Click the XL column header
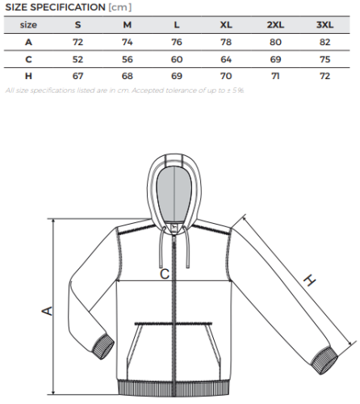226,25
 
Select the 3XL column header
324,25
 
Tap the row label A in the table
28,42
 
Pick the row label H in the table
28,76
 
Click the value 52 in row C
77,59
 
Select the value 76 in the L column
177,42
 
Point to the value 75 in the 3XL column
325,59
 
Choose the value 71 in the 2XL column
275,76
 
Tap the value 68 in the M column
128,76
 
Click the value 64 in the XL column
226,59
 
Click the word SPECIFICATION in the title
68,7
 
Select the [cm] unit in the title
120,7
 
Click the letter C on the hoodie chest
165,274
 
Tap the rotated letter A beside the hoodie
48,311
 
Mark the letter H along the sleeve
310,280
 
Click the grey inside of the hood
174,194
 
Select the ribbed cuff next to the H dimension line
324,360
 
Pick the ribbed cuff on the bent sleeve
103,347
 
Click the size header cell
28,25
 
